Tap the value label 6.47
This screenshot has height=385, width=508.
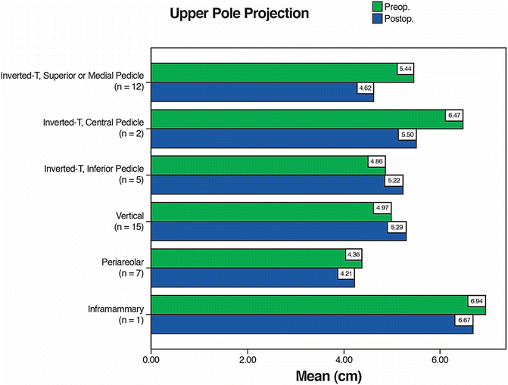pos(453,115)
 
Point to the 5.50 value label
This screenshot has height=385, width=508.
pos(407,134)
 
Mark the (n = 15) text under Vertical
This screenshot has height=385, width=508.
pos(128,226)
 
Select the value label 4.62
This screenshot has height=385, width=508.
pos(366,88)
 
